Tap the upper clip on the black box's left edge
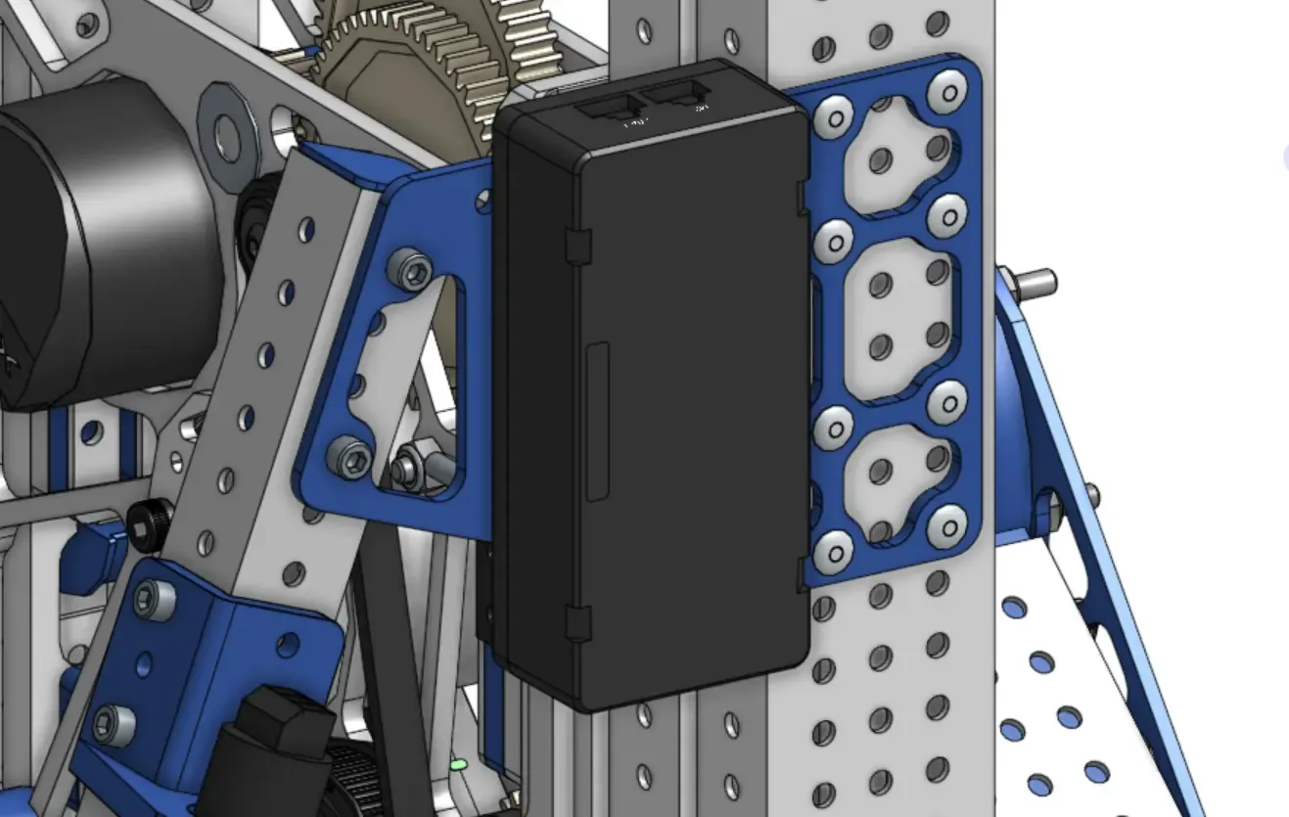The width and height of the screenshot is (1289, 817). coord(577,246)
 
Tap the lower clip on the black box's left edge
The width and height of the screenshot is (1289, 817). coord(578,622)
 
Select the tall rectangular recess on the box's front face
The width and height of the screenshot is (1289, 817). coord(597,421)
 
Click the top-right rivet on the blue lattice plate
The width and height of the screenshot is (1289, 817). coord(947,89)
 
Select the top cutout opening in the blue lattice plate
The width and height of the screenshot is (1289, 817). coord(896,157)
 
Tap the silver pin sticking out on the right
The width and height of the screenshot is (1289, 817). coord(1032,285)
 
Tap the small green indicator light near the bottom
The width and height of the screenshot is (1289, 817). coord(458,763)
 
